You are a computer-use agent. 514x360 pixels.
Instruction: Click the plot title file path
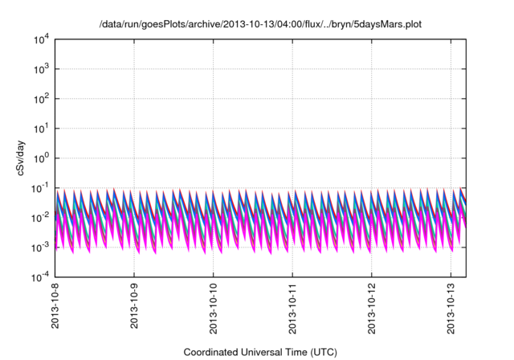click(260, 25)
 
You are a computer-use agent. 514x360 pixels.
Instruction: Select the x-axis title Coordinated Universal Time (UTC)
click(260, 352)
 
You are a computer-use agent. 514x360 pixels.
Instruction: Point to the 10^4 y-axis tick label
click(43, 39)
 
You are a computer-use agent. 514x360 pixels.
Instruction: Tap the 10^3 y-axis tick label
click(43, 69)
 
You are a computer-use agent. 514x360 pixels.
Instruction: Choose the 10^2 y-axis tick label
click(43, 99)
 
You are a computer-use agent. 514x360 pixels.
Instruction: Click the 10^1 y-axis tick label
click(43, 129)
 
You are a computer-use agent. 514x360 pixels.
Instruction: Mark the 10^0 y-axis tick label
click(43, 158)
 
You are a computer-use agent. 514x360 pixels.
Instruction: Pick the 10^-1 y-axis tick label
click(42, 188)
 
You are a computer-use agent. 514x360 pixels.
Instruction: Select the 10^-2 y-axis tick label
click(42, 218)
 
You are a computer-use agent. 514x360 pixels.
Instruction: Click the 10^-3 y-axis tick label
click(42, 247)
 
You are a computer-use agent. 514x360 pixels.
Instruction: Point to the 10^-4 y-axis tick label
click(42, 277)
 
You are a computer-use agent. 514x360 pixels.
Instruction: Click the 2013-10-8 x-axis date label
click(55, 309)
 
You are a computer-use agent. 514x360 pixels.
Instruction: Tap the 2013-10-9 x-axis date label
click(134, 309)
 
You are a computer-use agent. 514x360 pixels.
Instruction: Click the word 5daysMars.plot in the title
click(389, 25)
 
